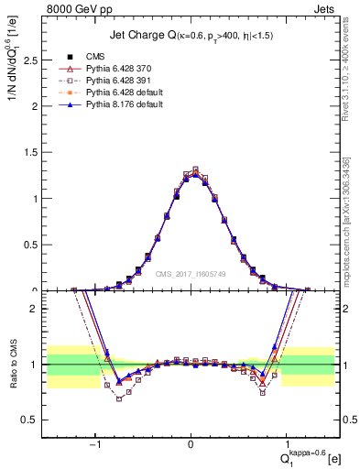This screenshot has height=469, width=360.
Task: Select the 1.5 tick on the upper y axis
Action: pyautogui.click(x=34, y=152)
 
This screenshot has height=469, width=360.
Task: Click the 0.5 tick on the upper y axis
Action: pyautogui.click(x=34, y=245)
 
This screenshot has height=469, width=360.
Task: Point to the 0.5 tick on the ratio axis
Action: pyautogui.click(x=34, y=420)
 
